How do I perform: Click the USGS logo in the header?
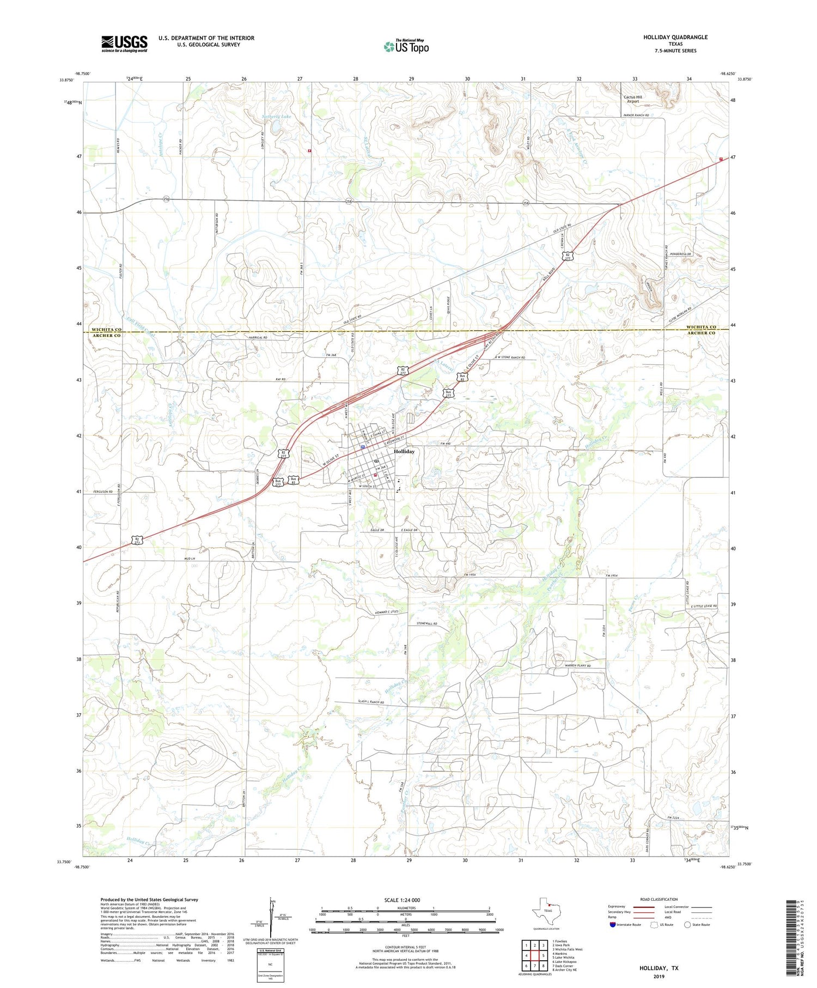click(124, 44)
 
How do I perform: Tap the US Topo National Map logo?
click(406, 46)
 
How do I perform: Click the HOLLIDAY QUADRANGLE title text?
click(675, 37)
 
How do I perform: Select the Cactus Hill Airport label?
click(632, 99)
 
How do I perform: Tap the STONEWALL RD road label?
click(427, 623)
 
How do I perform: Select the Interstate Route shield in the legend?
click(612, 924)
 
